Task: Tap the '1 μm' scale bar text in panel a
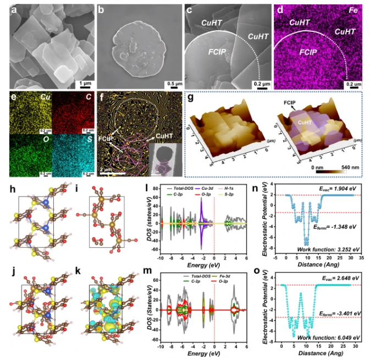point(84,83)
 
